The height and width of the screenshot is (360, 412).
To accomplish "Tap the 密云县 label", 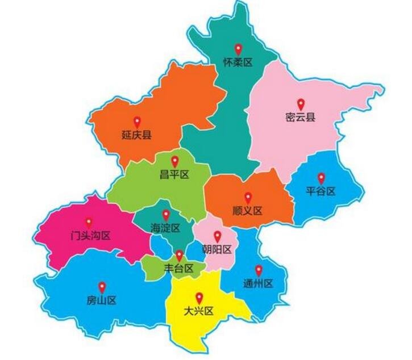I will click(x=300, y=118).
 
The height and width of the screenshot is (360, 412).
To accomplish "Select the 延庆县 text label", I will click(x=136, y=135).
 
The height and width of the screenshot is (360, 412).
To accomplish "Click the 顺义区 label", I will click(x=248, y=211).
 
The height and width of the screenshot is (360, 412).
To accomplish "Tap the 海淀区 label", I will click(x=165, y=228).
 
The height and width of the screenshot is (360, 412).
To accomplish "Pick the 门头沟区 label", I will click(x=90, y=236).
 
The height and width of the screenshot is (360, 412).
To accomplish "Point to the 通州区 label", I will click(x=258, y=283).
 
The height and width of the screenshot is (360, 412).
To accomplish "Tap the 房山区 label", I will click(x=102, y=300).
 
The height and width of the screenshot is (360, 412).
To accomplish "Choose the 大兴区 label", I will click(x=198, y=311).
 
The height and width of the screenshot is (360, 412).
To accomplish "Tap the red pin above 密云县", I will click(x=301, y=104).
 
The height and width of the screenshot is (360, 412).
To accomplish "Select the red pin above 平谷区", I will click(x=321, y=177).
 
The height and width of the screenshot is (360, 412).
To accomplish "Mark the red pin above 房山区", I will click(x=102, y=287).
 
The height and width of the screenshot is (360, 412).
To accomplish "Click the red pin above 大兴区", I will click(x=199, y=297).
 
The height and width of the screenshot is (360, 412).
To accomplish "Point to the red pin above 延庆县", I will click(x=136, y=122).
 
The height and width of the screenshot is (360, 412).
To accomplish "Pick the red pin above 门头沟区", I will click(x=89, y=222).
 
